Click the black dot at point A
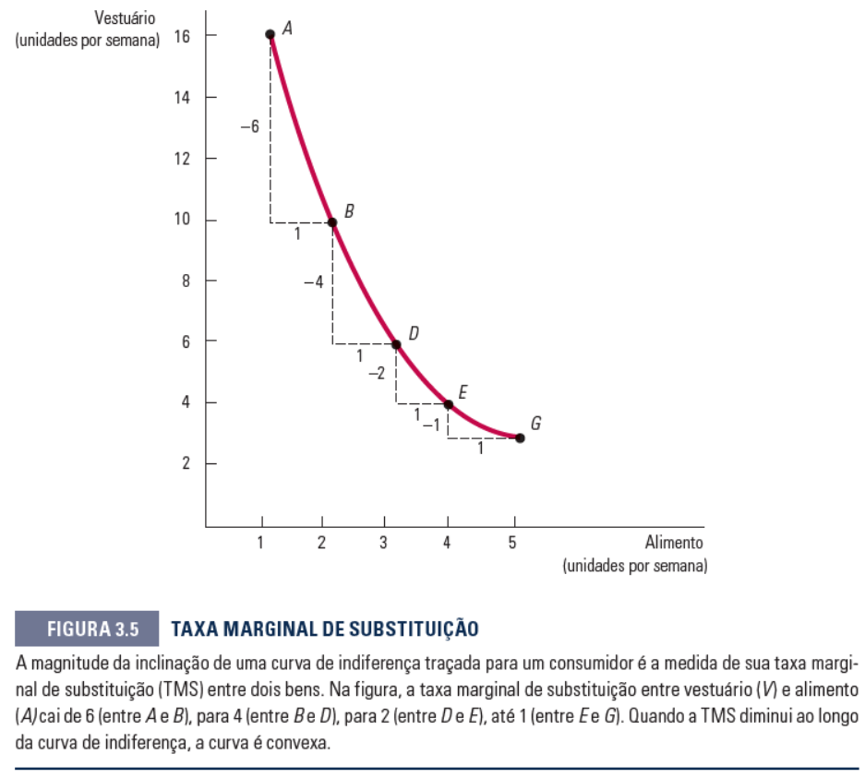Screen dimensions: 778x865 pos(270,35)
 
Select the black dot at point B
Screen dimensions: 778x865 pos(331,222)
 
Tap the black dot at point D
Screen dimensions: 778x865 pos(396,344)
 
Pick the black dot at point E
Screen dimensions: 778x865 pos(448,404)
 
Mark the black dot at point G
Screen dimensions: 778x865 pos(520,437)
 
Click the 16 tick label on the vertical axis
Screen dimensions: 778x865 pos(180,35)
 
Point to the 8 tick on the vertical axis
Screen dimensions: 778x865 pos(185,281)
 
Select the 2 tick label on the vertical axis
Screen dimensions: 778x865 pos(185,463)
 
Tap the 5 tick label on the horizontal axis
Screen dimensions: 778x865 pos(511,543)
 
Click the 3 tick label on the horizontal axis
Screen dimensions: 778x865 pos(383,543)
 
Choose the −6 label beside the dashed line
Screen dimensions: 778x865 pos(249,126)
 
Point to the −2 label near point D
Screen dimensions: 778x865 pos(376,373)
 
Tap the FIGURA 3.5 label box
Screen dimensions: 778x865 pos(88,630)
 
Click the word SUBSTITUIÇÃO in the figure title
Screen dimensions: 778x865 pos(408,630)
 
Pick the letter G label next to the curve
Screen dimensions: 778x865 pos(535,424)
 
